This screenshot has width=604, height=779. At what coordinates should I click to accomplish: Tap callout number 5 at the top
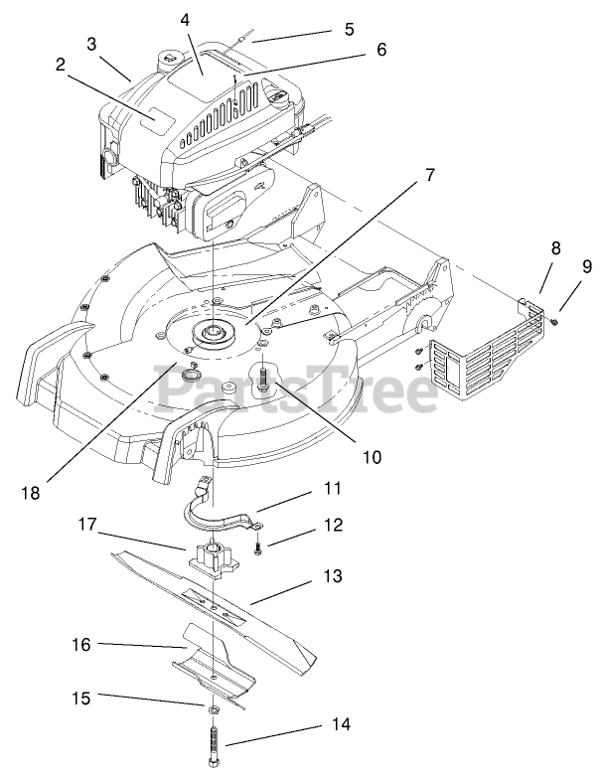pyautogui.click(x=349, y=29)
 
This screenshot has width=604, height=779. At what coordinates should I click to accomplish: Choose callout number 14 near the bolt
pyautogui.click(x=341, y=724)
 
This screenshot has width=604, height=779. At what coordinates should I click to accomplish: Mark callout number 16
pyautogui.click(x=80, y=645)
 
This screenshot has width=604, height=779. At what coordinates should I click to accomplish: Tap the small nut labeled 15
pyautogui.click(x=213, y=709)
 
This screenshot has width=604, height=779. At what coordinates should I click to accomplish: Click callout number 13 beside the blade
pyautogui.click(x=332, y=574)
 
